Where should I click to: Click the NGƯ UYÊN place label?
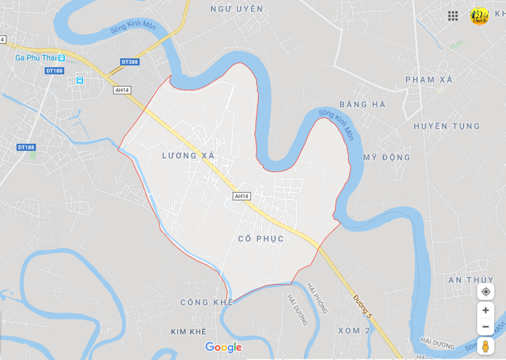pos(237,9)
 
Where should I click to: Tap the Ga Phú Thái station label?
pos(36,57)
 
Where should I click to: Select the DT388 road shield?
pos(129,62)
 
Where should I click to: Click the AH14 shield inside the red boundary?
pos(242,196)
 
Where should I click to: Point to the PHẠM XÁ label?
pos(429,79)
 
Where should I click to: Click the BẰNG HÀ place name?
pos(362,104)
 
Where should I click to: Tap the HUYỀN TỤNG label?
pos(447,126)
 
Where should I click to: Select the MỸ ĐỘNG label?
pos(387,157)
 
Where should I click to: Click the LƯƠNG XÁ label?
pos(188,155)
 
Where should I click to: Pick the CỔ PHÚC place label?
pos(261,239)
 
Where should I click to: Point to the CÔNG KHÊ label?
pos(206,302)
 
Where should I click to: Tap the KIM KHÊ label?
pos(188,331)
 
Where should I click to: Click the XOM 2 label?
pos(349,330)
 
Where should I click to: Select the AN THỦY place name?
pos(470,279)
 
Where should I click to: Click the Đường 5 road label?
pos(362,307)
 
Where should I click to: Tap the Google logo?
pos(223,347)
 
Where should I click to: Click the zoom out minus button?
pos(485,327)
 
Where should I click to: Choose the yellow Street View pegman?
pos(485,346)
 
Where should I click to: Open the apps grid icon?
pos(453,16)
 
